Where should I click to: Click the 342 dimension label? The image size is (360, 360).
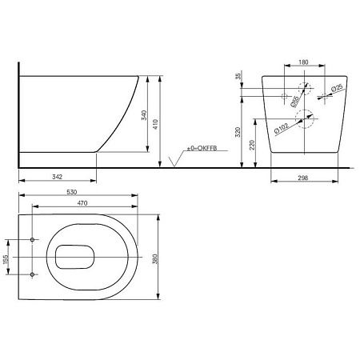(x=57, y=177)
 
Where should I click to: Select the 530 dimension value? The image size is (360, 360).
(x=72, y=192)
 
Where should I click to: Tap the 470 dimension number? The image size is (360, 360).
(x=82, y=203)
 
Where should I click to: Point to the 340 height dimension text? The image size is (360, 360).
(x=144, y=115)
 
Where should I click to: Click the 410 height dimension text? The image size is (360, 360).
(x=155, y=124)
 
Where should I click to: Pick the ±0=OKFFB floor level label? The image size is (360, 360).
(x=202, y=148)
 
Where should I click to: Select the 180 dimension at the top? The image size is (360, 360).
(x=303, y=62)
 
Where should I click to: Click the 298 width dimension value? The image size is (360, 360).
(x=303, y=178)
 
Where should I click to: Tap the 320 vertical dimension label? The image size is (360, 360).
(x=238, y=132)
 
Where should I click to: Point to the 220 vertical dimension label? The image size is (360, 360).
(x=252, y=145)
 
